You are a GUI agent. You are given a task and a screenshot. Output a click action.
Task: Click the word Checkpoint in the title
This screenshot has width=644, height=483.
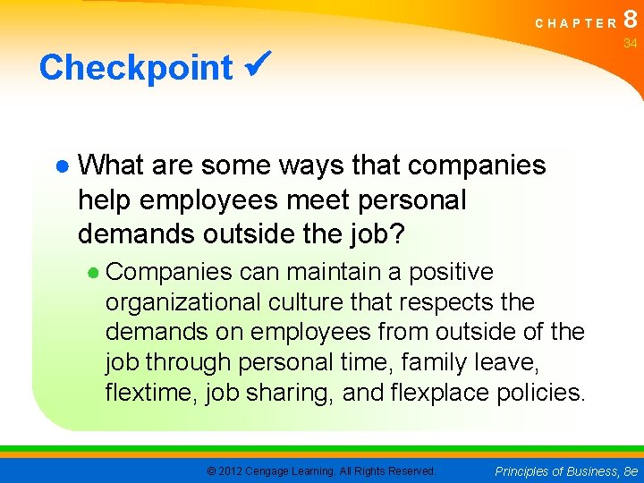[136, 67]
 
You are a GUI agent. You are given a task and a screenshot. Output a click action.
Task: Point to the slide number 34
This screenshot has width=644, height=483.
[630, 44]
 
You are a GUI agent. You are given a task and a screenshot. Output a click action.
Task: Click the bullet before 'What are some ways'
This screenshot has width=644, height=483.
[61, 166]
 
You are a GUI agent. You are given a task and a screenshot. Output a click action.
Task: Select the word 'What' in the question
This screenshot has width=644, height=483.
[112, 165]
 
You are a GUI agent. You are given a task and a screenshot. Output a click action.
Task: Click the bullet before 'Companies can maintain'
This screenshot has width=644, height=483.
[95, 272]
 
